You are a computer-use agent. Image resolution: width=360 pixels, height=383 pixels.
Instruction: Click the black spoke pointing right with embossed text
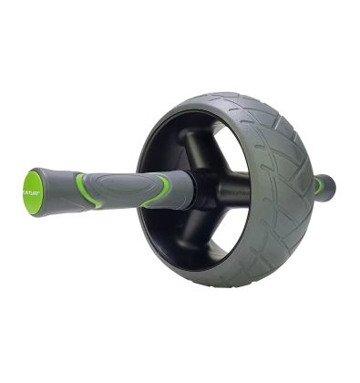click(x=239, y=188)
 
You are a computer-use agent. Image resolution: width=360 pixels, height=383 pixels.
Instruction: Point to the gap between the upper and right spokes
click(x=232, y=155)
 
